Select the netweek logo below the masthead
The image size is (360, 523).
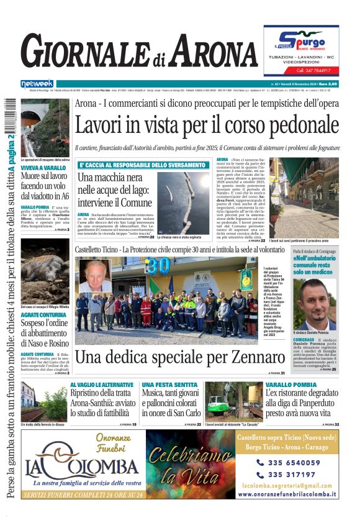point(37,83)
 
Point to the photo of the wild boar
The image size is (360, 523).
point(45,277)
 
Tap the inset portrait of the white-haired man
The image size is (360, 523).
point(94,278)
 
